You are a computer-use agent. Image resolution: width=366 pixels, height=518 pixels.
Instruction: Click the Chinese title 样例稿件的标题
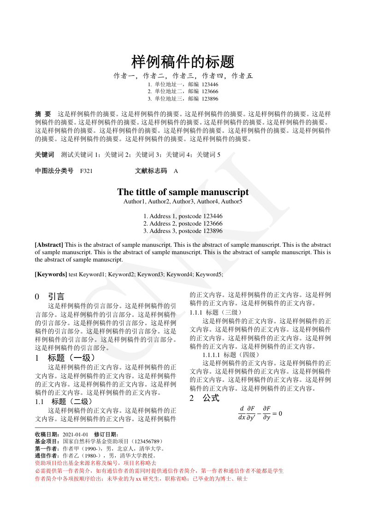pos(183,61)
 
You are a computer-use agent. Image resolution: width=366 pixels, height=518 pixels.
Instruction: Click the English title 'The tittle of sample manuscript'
pos(183,192)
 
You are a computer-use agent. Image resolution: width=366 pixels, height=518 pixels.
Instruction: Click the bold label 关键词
pos(44,155)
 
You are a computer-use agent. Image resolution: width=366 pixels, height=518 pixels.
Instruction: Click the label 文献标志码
pos(151,171)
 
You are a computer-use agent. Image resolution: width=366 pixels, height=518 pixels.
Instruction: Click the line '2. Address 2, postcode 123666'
pos(183,223)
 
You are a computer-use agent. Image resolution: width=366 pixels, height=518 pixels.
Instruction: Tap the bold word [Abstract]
pos(49,245)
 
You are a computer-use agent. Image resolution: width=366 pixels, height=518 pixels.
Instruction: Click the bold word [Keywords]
pos(51,274)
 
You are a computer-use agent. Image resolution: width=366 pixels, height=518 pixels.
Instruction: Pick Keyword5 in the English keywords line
pos(209,274)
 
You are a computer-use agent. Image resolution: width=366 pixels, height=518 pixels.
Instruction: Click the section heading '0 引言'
pos(50,297)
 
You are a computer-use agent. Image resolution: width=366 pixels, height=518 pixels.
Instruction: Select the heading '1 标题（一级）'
pos(65,358)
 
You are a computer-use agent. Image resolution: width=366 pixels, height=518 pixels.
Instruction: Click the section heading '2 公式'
pos(204,398)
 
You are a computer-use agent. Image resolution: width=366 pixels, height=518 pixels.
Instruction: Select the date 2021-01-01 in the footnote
pos(75,434)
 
